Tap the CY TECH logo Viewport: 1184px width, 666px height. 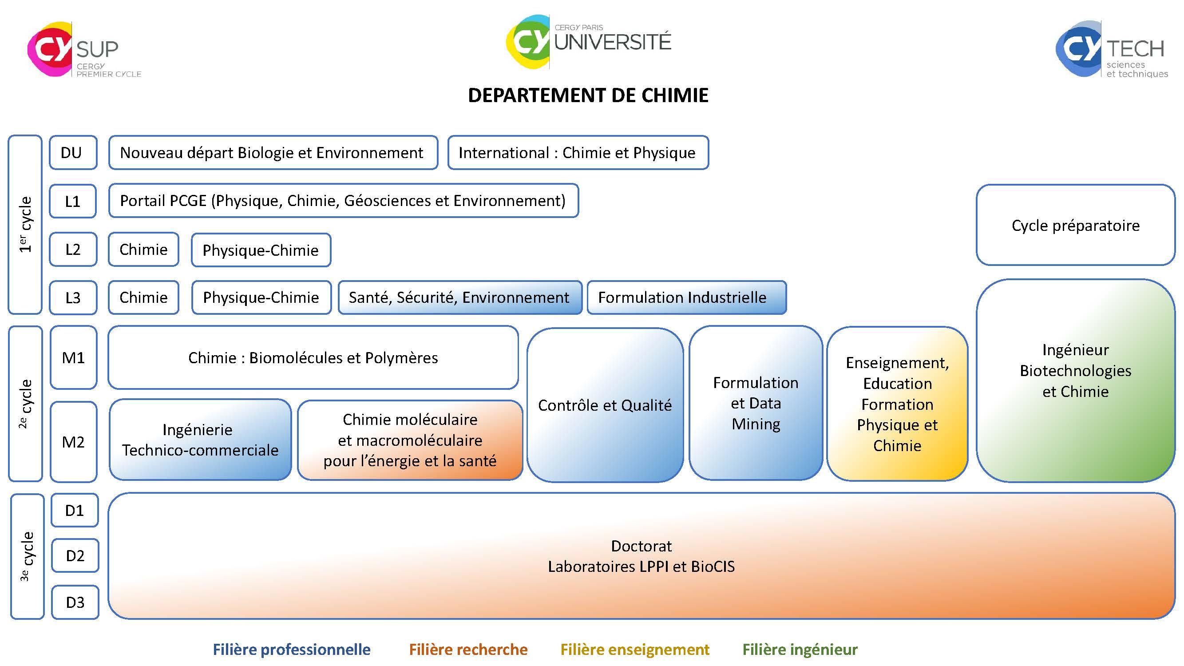click(1111, 50)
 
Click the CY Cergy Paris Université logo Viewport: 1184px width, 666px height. click(588, 41)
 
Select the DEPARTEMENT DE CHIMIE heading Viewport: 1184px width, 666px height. click(588, 95)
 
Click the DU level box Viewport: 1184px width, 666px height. click(73, 153)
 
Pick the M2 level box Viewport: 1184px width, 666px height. click(73, 442)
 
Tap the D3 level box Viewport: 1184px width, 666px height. click(75, 602)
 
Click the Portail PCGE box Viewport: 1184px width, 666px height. click(343, 201)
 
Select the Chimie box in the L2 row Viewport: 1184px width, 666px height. click(143, 250)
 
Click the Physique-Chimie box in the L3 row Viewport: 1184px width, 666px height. click(261, 297)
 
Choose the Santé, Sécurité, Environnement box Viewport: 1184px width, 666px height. click(459, 297)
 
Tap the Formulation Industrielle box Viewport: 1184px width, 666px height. click(686, 297)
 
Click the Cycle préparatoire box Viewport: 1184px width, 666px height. click(1075, 225)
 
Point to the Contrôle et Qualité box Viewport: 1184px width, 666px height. click(604, 405)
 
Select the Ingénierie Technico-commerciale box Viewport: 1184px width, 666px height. click(200, 440)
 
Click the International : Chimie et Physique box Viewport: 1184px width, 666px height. click(577, 153)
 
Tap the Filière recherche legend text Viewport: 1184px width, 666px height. click(468, 650)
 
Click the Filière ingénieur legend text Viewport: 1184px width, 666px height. click(800, 650)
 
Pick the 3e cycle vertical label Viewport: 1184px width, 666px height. click(27, 556)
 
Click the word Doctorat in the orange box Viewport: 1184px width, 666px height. click(641, 546)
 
